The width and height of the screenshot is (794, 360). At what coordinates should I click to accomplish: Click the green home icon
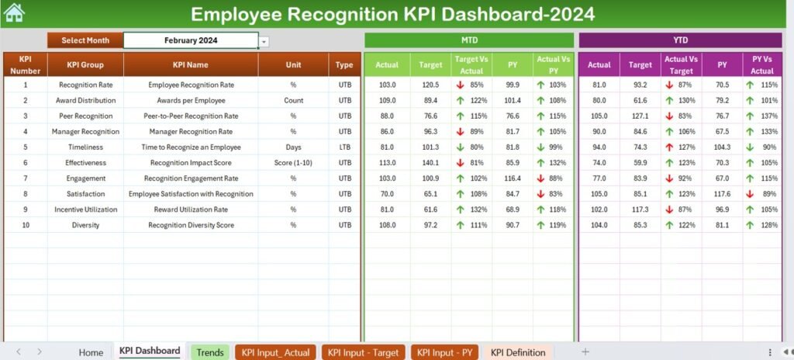click(14, 12)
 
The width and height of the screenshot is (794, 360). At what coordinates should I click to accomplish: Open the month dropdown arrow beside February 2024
click(264, 41)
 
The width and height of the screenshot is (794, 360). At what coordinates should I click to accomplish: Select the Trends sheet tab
click(210, 352)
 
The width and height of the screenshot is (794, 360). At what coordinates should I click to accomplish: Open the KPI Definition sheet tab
click(518, 352)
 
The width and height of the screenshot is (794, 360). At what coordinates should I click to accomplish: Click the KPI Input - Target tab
click(364, 352)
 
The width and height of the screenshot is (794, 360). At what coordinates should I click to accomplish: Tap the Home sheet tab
click(91, 352)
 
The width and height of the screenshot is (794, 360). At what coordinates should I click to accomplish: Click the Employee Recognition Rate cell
click(191, 85)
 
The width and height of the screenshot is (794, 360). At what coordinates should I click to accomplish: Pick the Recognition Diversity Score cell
click(191, 225)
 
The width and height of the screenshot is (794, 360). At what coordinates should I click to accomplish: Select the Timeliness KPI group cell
click(85, 147)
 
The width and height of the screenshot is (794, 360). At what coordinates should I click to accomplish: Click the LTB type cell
click(345, 147)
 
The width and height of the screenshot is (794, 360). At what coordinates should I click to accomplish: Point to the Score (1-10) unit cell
click(293, 163)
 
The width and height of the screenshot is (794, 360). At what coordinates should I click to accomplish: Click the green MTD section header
click(469, 40)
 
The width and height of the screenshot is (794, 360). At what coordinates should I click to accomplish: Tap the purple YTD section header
click(679, 40)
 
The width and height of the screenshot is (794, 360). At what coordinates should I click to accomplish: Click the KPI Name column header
click(191, 65)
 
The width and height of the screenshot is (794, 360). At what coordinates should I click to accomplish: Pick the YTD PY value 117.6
click(722, 194)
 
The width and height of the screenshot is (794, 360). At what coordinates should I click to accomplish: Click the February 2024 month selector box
click(191, 40)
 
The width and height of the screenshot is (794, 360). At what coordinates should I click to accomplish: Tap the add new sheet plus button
click(585, 351)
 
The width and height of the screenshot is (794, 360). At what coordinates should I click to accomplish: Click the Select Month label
click(85, 40)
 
